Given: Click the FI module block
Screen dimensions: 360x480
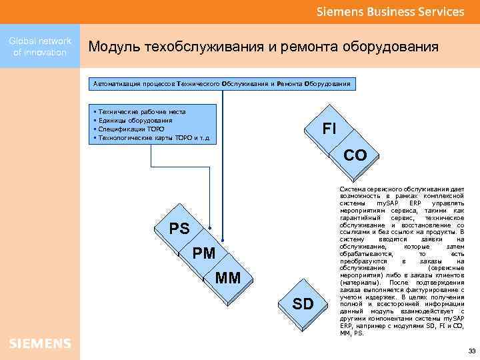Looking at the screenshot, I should [x=329, y=129].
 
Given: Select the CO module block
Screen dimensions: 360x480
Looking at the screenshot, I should [x=355, y=155].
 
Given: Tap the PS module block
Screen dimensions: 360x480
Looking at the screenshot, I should [x=179, y=229].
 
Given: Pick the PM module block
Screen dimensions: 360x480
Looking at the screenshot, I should [x=204, y=253].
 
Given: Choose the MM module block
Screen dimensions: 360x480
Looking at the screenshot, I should [x=228, y=277].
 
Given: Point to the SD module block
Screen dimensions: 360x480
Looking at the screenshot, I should [x=303, y=304].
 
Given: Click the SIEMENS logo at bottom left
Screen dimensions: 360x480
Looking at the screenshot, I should [x=40, y=343].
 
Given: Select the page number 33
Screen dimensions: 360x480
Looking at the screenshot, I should [x=471, y=351].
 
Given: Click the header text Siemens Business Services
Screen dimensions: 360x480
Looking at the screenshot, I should [x=390, y=11].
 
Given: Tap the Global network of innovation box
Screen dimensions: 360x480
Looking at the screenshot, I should [x=40, y=47].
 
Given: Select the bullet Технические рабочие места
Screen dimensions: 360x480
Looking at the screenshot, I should [x=141, y=112].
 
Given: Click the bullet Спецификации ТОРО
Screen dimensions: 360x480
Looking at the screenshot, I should [x=131, y=129].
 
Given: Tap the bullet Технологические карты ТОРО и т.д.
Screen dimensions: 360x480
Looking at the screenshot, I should [x=154, y=138].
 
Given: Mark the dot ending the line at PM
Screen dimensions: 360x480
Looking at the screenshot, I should [x=210, y=229].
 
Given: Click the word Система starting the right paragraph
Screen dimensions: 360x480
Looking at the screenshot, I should [x=353, y=189].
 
